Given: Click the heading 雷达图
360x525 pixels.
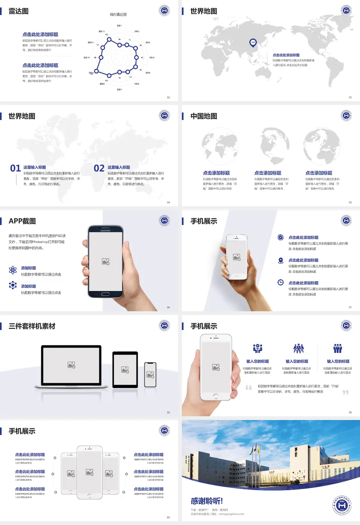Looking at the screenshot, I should pyautogui.click(x=19, y=11).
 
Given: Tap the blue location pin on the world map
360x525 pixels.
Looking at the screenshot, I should pyautogui.click(x=253, y=42).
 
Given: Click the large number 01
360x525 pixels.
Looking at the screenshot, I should pyautogui.click(x=15, y=168).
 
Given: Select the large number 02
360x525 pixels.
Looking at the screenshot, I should pyautogui.click(x=99, y=168).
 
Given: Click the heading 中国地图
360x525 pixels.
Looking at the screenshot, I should pyautogui.click(x=204, y=116).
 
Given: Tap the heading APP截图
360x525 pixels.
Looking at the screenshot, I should pyautogui.click(x=22, y=221).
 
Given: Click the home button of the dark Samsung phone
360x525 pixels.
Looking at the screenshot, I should pyautogui.click(x=105, y=294).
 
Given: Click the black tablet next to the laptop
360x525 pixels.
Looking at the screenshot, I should pyautogui.click(x=125, y=370).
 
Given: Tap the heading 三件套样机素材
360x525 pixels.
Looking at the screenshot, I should pyautogui.click(x=32, y=326).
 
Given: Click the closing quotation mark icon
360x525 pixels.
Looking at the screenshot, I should pyautogui.click(x=345, y=392).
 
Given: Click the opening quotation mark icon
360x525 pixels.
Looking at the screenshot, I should pyautogui.click(x=249, y=387).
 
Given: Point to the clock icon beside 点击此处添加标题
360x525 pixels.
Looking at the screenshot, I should pyautogui.click(x=280, y=282).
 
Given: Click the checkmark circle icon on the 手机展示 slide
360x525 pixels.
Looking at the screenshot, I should pyautogui.click(x=280, y=237).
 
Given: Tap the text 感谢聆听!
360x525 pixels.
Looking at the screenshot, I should pyautogui.click(x=207, y=501).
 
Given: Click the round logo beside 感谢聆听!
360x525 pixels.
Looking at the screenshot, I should pyautogui.click(x=342, y=505).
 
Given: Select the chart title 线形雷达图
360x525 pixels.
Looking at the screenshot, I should pyautogui.click(x=118, y=15).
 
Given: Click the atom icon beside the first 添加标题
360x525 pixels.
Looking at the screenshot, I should pyautogui.click(x=13, y=270).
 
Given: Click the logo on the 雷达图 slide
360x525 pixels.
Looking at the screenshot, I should pyautogui.click(x=164, y=10).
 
